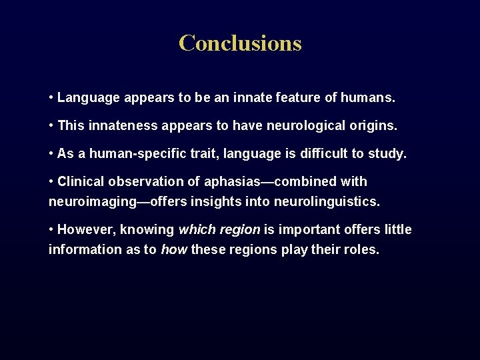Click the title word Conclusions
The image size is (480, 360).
tap(240, 43)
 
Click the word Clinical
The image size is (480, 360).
tap(81, 181)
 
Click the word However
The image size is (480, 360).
tap(82, 230)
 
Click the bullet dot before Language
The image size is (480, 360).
tap(51, 98)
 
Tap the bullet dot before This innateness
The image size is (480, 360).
tap(51, 125)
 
